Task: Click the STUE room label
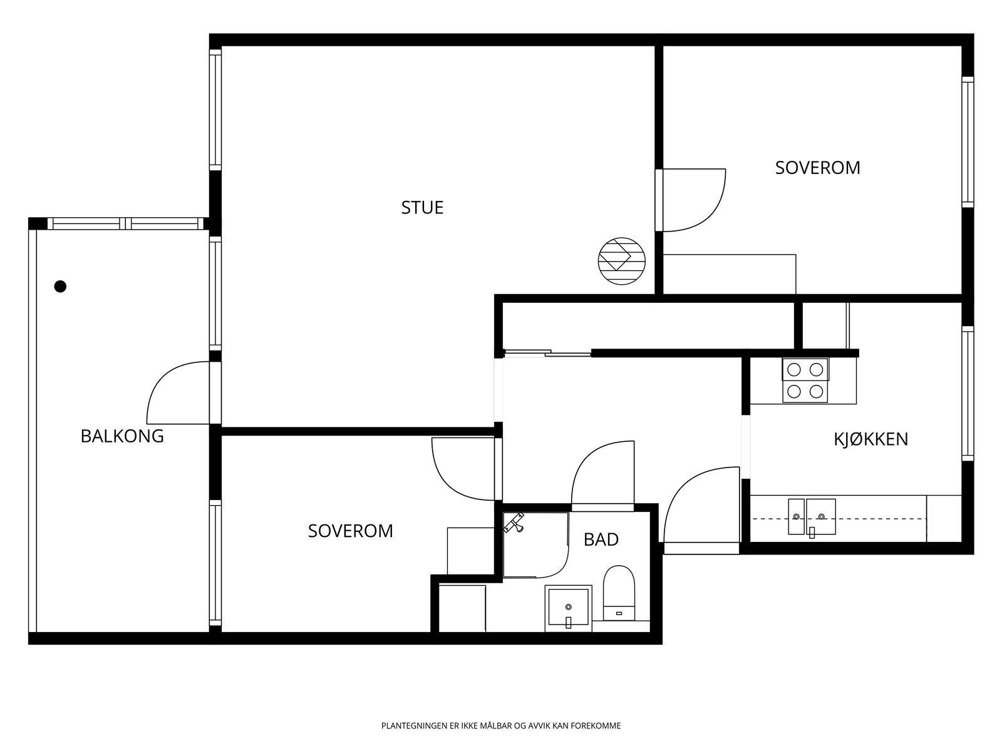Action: click(x=422, y=208)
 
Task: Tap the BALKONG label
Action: click(x=122, y=436)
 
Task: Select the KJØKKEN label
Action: click(x=871, y=439)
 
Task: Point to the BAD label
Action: click(x=601, y=539)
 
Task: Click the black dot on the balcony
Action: click(x=60, y=287)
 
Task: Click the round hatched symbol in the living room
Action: click(x=622, y=261)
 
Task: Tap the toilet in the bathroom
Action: click(x=619, y=593)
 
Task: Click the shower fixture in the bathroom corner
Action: click(x=514, y=523)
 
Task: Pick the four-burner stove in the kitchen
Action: click(x=805, y=381)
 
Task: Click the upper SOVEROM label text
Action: click(x=818, y=168)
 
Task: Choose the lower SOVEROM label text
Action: click(x=351, y=531)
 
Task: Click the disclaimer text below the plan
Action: click(x=501, y=726)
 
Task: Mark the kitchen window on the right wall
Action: click(x=968, y=394)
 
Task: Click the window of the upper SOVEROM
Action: click(x=968, y=142)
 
